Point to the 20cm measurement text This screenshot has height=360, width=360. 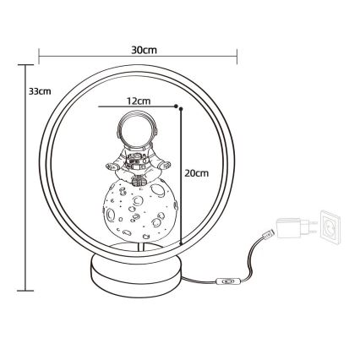tap(196, 172)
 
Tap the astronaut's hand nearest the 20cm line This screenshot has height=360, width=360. tap(165, 166)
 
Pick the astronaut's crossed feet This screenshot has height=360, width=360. tap(135, 177)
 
